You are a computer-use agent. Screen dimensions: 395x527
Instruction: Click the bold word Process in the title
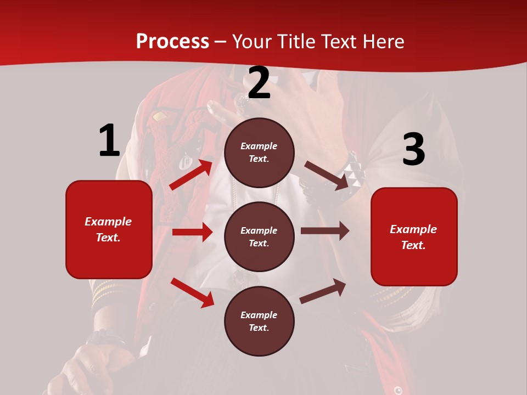(172, 42)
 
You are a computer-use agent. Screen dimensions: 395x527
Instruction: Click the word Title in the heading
(295, 42)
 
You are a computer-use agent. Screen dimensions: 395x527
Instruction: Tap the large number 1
(109, 141)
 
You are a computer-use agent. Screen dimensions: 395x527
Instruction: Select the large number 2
(259, 83)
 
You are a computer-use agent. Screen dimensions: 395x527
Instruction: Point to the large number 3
(413, 150)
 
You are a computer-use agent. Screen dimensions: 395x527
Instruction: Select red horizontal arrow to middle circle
(192, 232)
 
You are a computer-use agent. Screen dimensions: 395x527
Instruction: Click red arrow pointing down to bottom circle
(192, 292)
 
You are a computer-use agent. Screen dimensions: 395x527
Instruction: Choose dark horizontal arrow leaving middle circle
(325, 231)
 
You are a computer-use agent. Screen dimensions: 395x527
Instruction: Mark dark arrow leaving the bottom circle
(323, 291)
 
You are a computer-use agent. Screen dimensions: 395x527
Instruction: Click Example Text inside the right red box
(413, 237)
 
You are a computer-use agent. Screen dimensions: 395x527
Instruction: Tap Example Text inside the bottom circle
(259, 321)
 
